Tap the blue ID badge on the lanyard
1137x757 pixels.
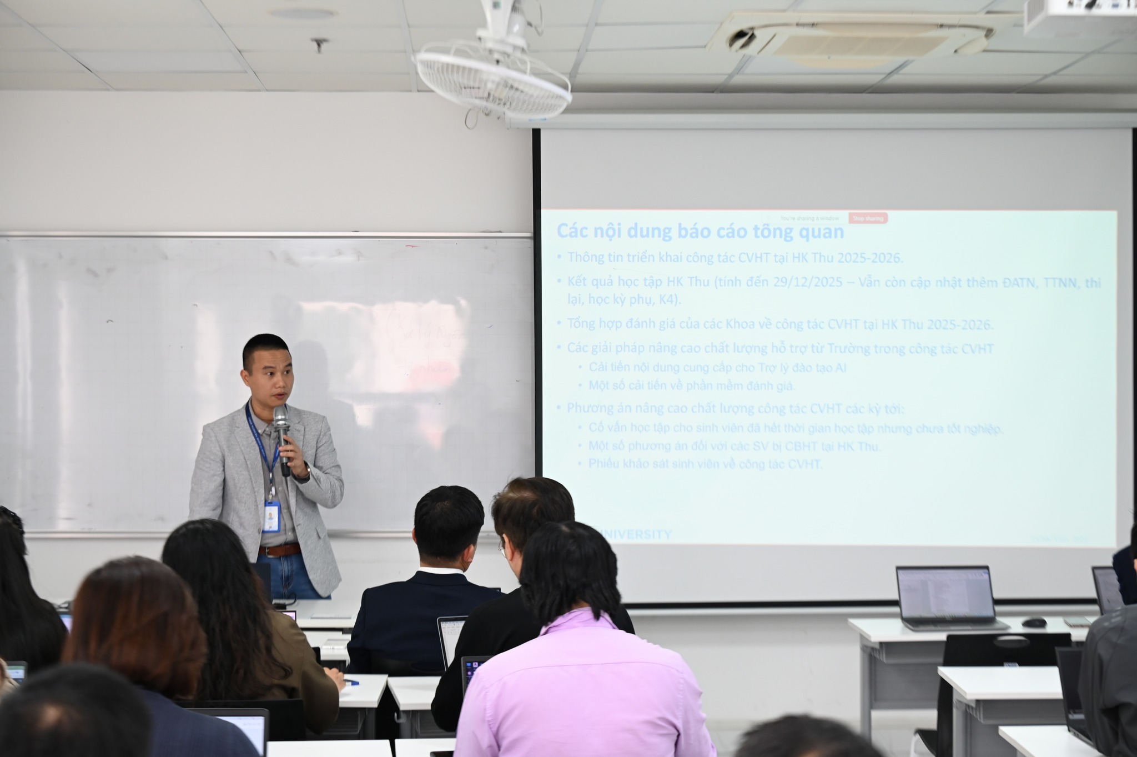click(271, 517)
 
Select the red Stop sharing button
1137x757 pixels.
click(868, 218)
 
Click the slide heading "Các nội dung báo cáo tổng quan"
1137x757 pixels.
click(700, 231)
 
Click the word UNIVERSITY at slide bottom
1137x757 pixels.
click(633, 535)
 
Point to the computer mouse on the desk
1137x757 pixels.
click(1034, 623)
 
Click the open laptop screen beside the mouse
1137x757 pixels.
click(945, 594)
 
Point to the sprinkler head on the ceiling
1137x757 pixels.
click(319, 44)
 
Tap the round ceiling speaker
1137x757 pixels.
click(304, 12)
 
